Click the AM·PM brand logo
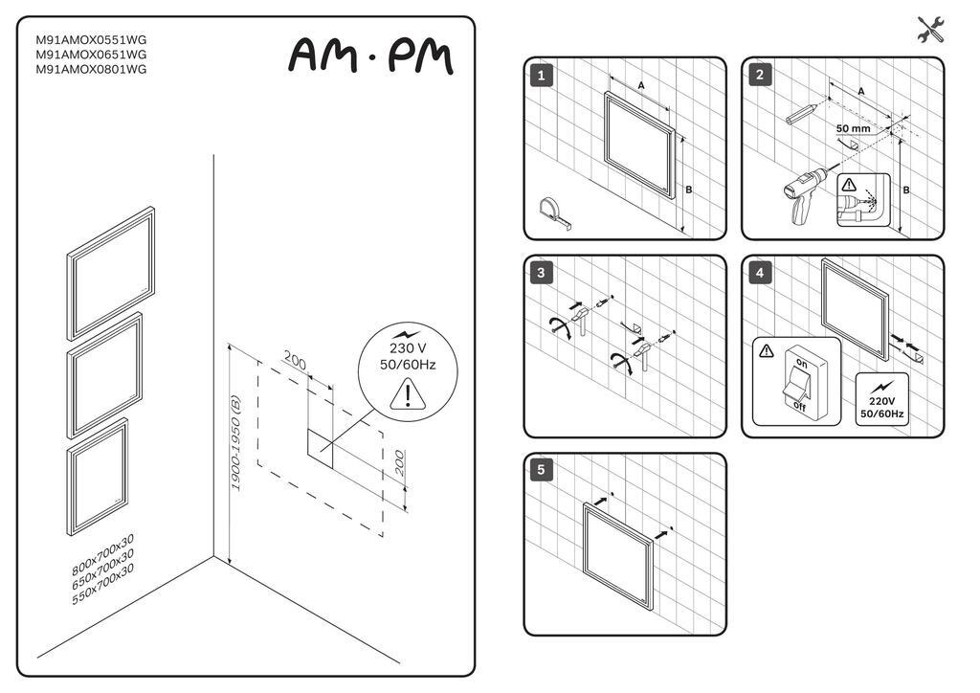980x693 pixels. click(x=369, y=56)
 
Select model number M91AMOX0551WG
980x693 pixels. click(x=91, y=40)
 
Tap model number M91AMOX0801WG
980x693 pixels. click(x=91, y=69)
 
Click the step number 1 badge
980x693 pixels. click(x=542, y=75)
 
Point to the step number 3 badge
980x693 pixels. click(x=542, y=273)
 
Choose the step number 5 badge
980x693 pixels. click(x=542, y=470)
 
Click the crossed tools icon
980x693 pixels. click(x=930, y=30)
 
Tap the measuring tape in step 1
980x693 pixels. click(x=555, y=211)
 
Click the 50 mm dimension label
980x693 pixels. click(x=853, y=127)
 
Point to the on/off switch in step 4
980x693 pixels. click(x=797, y=383)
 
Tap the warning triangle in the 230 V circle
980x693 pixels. click(x=409, y=394)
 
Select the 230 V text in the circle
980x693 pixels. click(x=408, y=348)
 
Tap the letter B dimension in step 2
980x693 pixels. click(x=906, y=190)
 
